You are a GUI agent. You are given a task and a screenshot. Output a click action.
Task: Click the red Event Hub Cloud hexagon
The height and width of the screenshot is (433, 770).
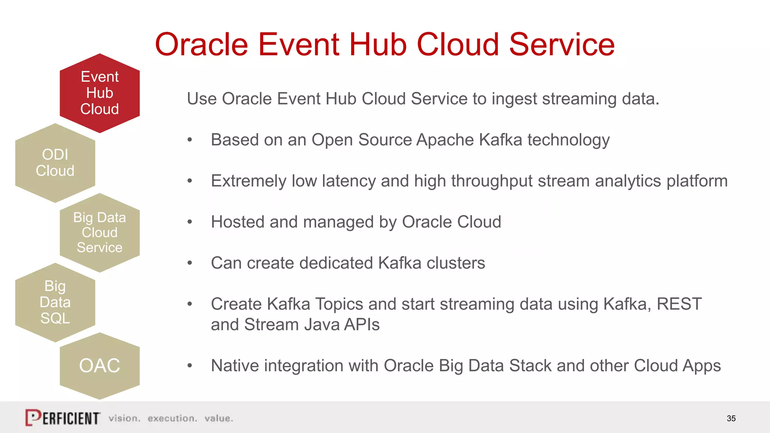pos(100,93)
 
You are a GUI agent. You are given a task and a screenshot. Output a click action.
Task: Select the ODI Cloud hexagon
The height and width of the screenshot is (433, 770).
pos(55,163)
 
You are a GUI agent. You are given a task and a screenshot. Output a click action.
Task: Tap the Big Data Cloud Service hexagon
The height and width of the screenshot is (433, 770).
pos(100,233)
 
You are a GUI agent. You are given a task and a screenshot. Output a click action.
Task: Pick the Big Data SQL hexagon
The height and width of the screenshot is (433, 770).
pos(55,302)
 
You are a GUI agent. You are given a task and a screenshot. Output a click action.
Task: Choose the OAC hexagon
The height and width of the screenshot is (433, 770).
pos(100,366)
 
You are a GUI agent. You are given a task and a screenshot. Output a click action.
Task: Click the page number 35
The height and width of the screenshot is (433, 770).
pos(731,418)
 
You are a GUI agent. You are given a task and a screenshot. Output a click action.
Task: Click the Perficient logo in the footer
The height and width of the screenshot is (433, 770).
pos(63,418)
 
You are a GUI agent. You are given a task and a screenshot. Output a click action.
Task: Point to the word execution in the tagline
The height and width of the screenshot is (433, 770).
pos(172,418)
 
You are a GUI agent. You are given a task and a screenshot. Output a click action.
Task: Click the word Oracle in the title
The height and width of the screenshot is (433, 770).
pos(201,44)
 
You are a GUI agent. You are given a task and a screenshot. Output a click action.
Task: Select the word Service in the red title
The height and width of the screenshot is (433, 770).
pos(562,44)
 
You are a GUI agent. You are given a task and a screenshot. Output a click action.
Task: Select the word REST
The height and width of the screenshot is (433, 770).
pos(679,304)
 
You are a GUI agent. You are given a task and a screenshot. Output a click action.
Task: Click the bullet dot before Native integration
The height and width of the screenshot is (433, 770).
pos(190,366)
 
